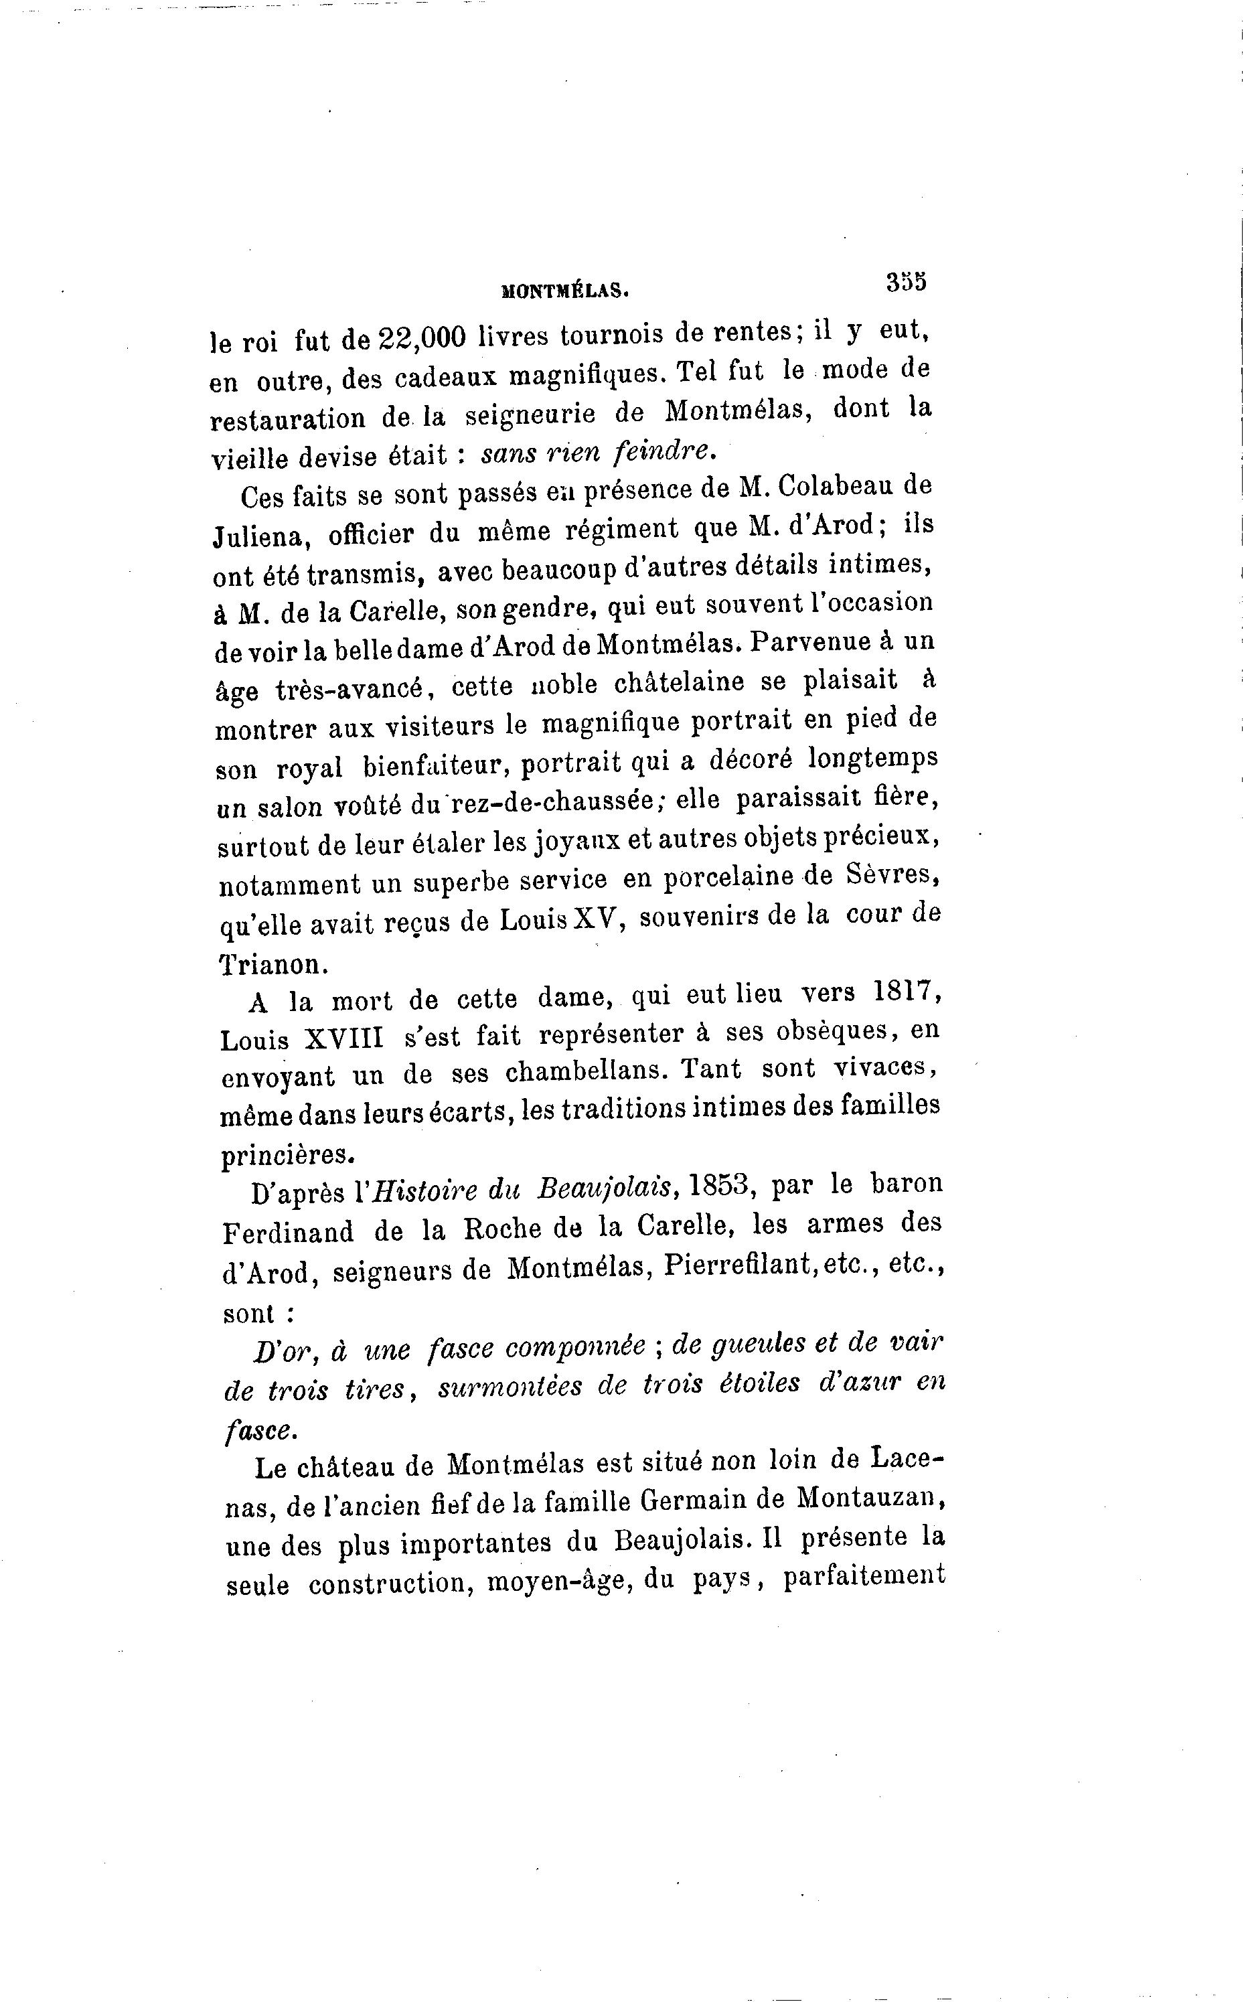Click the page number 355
[x=906, y=281]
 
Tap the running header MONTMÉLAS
[x=564, y=289]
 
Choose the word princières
[x=287, y=1155]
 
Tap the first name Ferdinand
[x=288, y=1232]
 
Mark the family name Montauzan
[x=870, y=1498]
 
